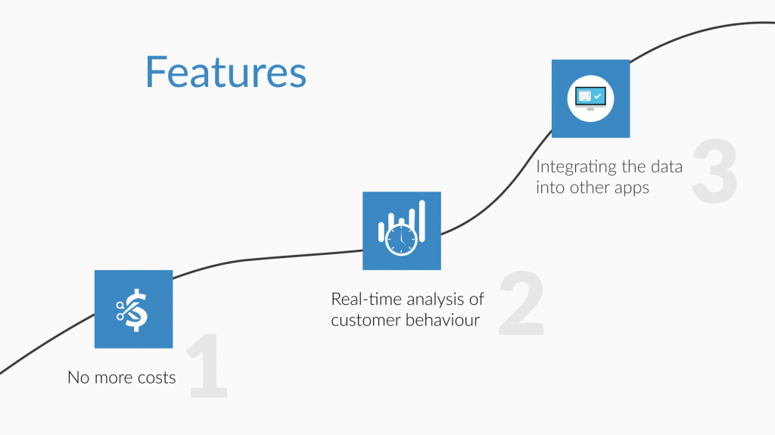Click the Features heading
tap(226, 72)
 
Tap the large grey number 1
tap(207, 365)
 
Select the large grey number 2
tap(522, 303)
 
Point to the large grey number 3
tap(715, 170)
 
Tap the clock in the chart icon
tap(401, 240)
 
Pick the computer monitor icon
tap(590, 98)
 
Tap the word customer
tap(366, 320)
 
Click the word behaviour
tap(443, 320)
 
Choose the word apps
tap(632, 188)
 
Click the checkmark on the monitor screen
tap(598, 96)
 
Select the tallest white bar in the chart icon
tap(422, 221)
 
